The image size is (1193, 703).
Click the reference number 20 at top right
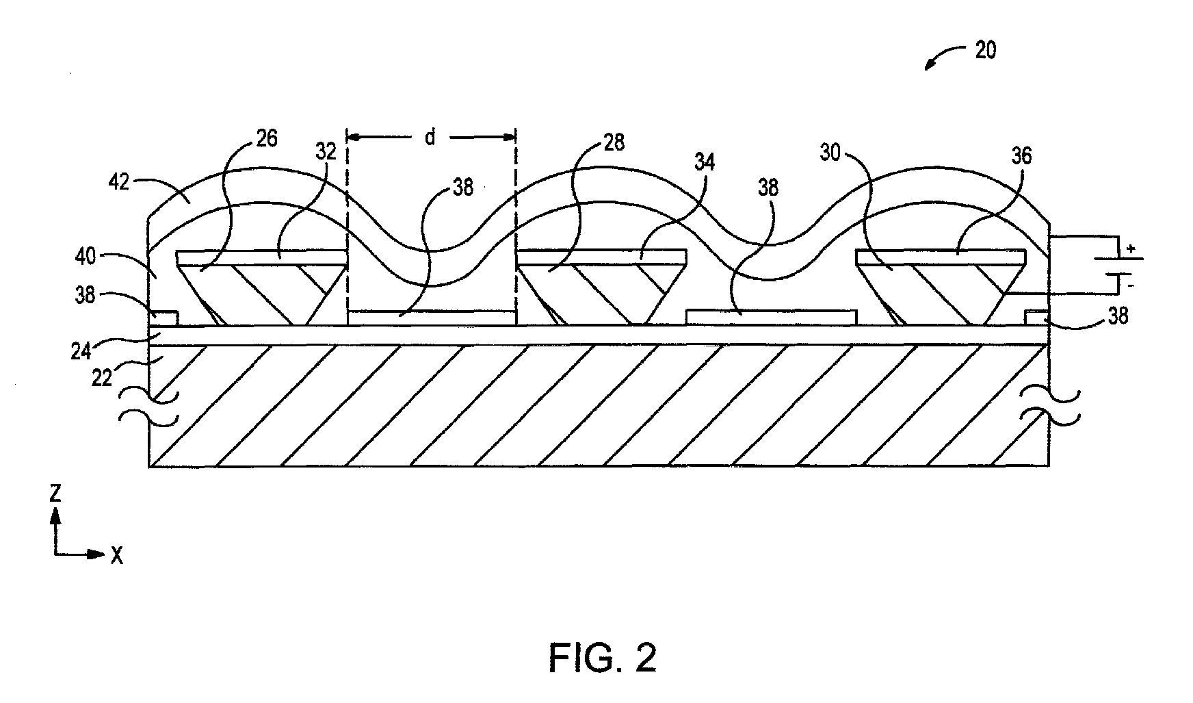pos(985,51)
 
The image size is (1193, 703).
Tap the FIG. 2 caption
pos(603,658)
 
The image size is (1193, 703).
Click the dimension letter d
pos(430,138)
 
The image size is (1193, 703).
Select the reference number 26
pos(267,139)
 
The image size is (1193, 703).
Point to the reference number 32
pos(326,151)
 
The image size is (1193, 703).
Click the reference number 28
pos(614,144)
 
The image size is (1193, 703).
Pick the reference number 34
pos(705,163)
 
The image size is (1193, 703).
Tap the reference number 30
pos(830,153)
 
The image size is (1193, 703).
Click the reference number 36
pos(1021,156)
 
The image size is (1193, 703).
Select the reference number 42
pos(119,183)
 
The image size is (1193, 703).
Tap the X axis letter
pos(117,556)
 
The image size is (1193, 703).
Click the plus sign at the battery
pos(1130,250)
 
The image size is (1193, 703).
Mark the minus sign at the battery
pos(1130,283)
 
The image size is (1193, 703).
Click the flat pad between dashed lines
pos(431,318)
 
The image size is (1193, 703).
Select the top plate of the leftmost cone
pos(260,257)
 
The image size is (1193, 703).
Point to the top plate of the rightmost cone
pos(941,257)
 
